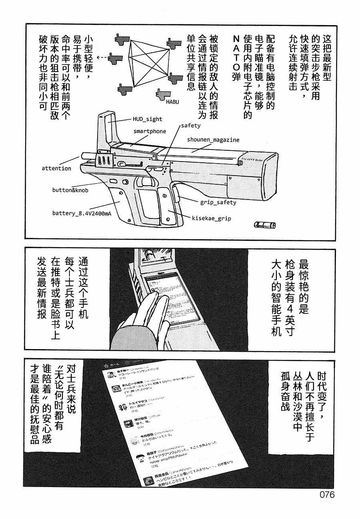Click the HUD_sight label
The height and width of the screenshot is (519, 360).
pos(147,119)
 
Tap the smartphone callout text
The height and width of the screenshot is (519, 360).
pos(149,131)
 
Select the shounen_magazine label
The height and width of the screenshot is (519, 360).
pos(213,140)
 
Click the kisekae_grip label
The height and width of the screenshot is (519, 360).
pos(212,218)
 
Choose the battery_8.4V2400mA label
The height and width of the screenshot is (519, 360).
pos(81,213)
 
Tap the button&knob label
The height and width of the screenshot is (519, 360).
pos(70,190)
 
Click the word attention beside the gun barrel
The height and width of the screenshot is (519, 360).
pos(56,168)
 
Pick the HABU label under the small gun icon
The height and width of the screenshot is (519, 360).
pos(172,102)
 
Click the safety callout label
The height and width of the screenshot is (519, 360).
pos(190,125)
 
